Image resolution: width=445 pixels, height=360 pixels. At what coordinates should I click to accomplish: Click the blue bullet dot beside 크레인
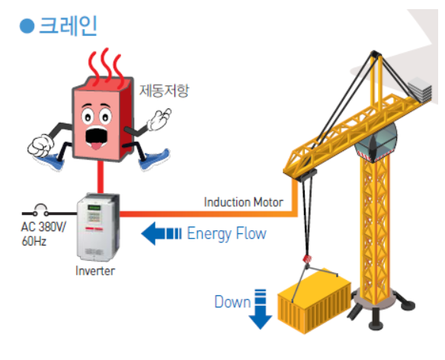[x=27, y=26]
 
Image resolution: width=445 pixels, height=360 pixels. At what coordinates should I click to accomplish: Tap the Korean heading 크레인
[x=68, y=26]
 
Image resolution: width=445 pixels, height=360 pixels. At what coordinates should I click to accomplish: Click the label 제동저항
[x=164, y=91]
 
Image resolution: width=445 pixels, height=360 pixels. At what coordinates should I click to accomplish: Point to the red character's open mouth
[x=97, y=138]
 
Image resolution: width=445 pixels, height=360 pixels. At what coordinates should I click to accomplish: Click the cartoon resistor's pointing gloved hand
[x=158, y=119]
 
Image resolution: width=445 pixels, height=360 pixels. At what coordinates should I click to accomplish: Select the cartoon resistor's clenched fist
[x=40, y=146]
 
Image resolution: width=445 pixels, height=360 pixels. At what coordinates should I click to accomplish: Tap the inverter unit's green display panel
[x=94, y=207]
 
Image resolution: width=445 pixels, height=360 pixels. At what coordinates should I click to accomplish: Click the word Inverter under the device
[x=95, y=271]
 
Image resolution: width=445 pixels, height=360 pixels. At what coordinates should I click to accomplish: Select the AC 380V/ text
[x=43, y=227]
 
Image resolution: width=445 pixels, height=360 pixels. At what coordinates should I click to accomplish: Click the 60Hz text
[x=34, y=241]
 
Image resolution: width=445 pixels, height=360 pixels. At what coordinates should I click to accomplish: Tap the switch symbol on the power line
[x=41, y=211]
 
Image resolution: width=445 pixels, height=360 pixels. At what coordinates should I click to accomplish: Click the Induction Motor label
[x=244, y=202]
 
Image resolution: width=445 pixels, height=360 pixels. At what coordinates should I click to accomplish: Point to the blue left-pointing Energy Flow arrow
[x=162, y=233]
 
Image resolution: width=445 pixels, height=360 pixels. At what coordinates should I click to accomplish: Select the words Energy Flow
[x=226, y=234]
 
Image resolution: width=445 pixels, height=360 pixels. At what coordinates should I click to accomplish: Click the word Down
[x=232, y=302]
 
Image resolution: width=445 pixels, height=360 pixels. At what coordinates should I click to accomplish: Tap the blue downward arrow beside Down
[x=261, y=309]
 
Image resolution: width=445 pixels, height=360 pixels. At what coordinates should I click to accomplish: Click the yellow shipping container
[x=314, y=302]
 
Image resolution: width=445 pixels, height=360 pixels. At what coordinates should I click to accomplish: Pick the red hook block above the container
[x=307, y=259]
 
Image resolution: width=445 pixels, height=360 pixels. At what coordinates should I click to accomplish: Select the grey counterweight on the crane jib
[x=420, y=89]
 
